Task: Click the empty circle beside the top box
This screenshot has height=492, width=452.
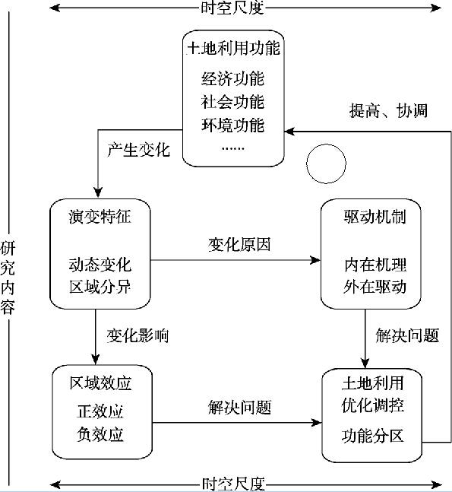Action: tap(326, 145)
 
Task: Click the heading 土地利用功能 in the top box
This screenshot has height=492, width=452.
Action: tap(233, 49)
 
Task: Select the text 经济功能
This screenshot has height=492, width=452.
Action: tap(233, 78)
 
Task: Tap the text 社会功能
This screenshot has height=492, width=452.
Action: tap(233, 102)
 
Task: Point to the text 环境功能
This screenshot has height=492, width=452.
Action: tap(233, 125)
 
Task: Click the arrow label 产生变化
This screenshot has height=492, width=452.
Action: tap(138, 150)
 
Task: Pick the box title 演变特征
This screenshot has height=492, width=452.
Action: tap(100, 217)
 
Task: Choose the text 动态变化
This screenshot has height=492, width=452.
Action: tap(100, 265)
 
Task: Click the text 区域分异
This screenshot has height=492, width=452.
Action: tap(100, 287)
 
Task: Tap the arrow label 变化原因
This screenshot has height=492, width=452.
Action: tap(239, 244)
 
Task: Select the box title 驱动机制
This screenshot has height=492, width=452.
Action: tap(375, 217)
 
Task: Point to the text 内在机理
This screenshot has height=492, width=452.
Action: tap(375, 265)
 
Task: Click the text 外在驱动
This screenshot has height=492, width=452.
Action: tap(375, 287)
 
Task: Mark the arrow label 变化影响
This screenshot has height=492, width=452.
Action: tap(138, 336)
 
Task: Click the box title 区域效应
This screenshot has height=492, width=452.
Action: tap(100, 383)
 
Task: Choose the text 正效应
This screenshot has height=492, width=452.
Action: tap(100, 411)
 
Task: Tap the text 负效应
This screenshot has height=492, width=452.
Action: tap(100, 434)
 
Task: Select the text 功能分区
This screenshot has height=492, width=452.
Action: tap(373, 436)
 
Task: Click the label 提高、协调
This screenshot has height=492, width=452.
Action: tap(388, 111)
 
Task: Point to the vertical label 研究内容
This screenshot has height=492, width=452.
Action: tap(8, 278)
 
